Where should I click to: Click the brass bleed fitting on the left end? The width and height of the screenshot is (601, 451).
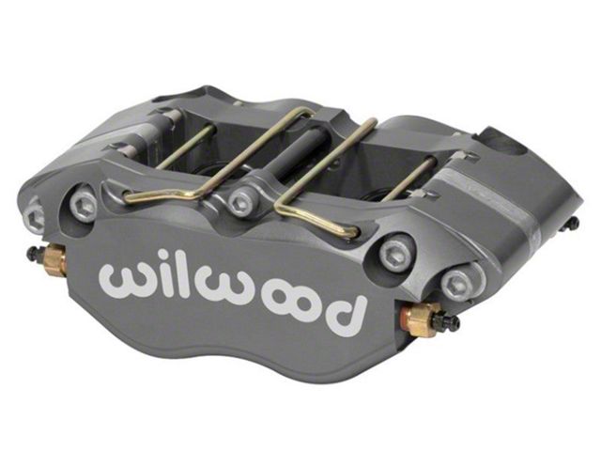point(54,259)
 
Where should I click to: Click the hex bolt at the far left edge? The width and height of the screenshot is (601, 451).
point(35,215)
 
